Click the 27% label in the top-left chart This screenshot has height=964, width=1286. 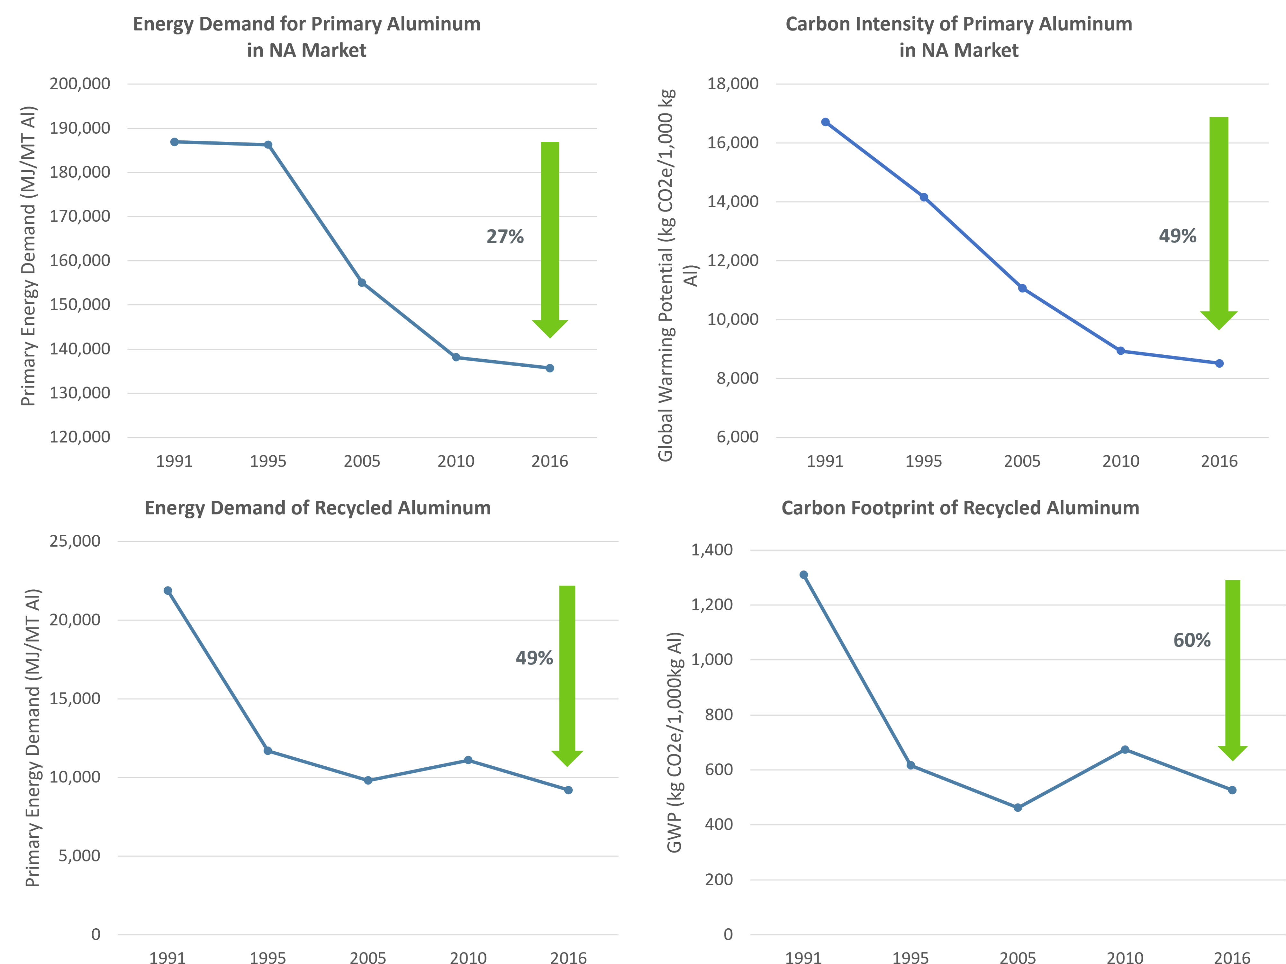click(x=505, y=237)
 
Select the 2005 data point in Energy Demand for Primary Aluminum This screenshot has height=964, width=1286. click(x=362, y=282)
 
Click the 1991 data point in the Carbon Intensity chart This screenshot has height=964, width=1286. click(x=825, y=122)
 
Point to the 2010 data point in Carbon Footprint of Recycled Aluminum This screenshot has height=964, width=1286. click(x=1124, y=750)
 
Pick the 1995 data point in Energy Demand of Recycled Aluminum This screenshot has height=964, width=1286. click(x=268, y=751)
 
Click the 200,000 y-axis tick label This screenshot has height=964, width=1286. click(x=80, y=84)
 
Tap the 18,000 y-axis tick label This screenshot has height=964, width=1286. click(x=732, y=84)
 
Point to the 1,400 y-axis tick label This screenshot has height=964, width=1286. click(x=711, y=550)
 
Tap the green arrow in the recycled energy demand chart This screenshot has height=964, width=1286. click(x=567, y=674)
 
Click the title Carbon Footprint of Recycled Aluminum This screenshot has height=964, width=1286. click(x=960, y=508)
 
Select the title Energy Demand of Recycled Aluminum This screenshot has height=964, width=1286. click(x=317, y=508)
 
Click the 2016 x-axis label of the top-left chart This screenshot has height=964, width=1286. click(x=549, y=461)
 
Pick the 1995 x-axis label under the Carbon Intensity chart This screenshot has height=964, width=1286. click(x=923, y=461)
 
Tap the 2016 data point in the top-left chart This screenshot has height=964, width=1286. click(x=549, y=368)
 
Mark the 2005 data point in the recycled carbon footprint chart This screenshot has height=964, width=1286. click(x=1018, y=808)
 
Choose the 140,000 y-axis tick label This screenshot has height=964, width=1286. click(x=80, y=349)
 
